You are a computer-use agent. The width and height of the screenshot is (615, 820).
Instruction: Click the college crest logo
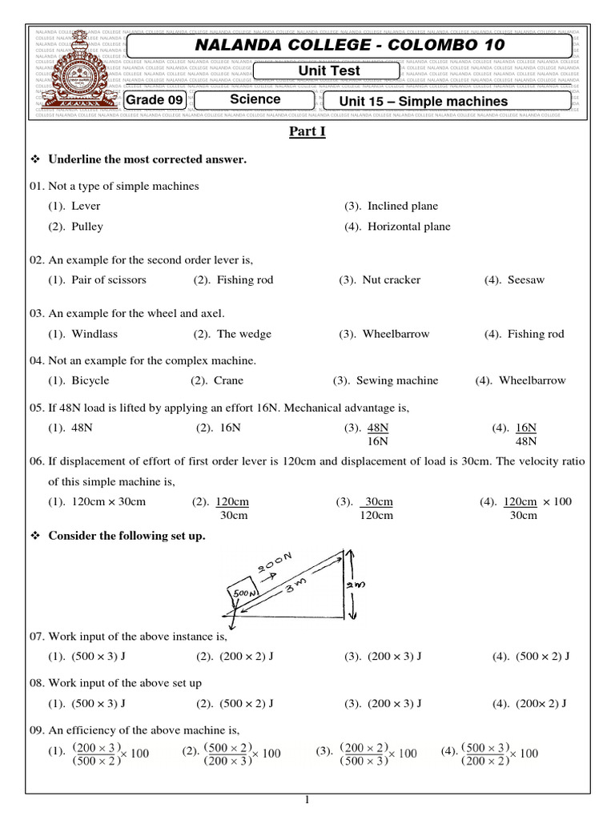76,71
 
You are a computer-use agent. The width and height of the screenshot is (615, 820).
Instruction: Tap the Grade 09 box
155,100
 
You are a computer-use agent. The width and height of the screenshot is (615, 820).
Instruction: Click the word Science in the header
255,99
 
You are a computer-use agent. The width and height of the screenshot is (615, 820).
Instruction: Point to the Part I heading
307,132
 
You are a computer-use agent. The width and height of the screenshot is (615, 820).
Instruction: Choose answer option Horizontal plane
408,227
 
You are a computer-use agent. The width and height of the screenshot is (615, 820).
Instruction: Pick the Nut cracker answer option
390,279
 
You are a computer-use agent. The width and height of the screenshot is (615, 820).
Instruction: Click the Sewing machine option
396,380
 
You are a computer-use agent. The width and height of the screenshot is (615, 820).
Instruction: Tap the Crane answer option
228,380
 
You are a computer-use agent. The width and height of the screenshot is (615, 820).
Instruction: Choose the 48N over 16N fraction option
377,434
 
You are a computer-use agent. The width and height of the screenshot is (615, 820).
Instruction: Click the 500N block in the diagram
243,593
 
